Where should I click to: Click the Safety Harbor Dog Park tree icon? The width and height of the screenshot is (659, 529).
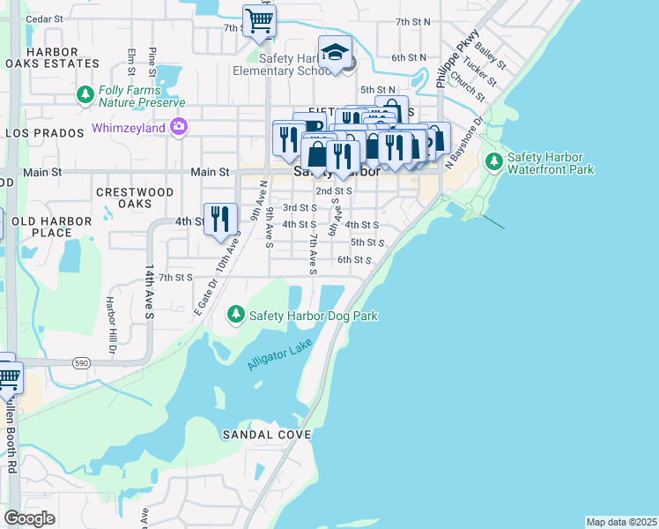236,315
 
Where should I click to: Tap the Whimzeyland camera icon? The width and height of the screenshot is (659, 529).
179,128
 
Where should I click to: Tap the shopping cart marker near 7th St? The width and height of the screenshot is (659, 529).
259,19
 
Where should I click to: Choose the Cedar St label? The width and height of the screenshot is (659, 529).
44,18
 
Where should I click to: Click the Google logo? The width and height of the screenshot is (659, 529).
29,518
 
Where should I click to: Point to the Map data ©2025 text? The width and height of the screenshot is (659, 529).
621,522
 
